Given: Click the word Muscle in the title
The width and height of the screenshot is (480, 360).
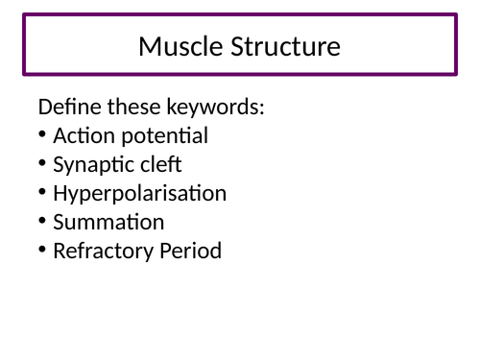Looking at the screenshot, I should click(x=178, y=45).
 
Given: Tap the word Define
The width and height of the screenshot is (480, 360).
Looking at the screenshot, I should click(x=69, y=108).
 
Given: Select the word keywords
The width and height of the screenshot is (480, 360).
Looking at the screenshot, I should click(x=220, y=108).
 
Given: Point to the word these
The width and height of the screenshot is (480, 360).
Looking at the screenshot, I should click(x=140, y=108).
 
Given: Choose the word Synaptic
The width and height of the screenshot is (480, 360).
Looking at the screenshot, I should click(x=90, y=165).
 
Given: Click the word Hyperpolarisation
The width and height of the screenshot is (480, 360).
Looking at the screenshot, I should click(x=140, y=194).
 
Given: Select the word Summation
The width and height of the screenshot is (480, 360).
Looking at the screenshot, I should click(x=108, y=223).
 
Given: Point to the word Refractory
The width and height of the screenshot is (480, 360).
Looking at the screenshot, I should click(x=100, y=252).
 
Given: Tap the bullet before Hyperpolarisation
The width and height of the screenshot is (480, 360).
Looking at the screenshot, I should click(x=43, y=193).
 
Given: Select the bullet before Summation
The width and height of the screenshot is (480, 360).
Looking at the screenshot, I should click(x=43, y=222).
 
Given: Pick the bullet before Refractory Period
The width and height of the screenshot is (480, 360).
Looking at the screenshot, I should click(x=43, y=251).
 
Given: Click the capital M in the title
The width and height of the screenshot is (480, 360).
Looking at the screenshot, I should click(x=150, y=45).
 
